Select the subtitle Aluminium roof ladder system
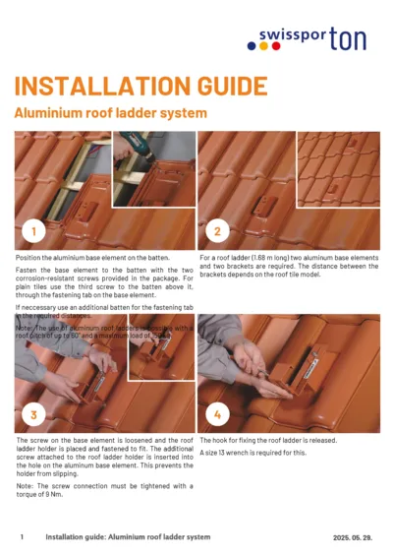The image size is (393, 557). tap(110, 113)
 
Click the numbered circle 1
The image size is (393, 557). tap(34, 231)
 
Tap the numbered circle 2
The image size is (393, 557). tap(216, 231)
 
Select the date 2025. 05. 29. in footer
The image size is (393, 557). tap(348, 537)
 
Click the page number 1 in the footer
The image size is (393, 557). tap(22, 537)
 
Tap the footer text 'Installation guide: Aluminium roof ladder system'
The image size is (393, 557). tap(128, 537)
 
